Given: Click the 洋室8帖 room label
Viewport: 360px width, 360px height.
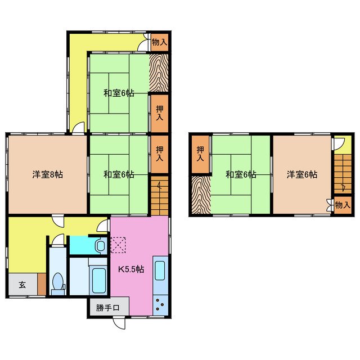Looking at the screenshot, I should coord(47,175).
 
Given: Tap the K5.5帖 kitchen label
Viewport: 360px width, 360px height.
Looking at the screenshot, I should coord(130,269).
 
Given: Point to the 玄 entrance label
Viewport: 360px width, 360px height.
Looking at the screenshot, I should coord(22,285).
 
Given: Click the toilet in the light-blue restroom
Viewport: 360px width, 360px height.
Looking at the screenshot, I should coord(57,283).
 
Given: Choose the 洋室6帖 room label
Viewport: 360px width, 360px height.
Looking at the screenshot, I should coord(301,175).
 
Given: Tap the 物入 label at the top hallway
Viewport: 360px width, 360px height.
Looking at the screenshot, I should coord(160,42).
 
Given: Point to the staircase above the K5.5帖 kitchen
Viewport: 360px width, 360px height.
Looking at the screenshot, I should coord(160,195).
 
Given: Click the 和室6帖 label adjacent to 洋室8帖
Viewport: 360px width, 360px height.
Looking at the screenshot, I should coord(118,175).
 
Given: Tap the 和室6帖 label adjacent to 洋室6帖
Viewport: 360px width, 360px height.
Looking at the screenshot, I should coord(241,175).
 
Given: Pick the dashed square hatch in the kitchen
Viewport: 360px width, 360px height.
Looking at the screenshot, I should coord(119,245).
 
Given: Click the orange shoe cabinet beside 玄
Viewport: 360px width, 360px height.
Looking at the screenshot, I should coord(42,284).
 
